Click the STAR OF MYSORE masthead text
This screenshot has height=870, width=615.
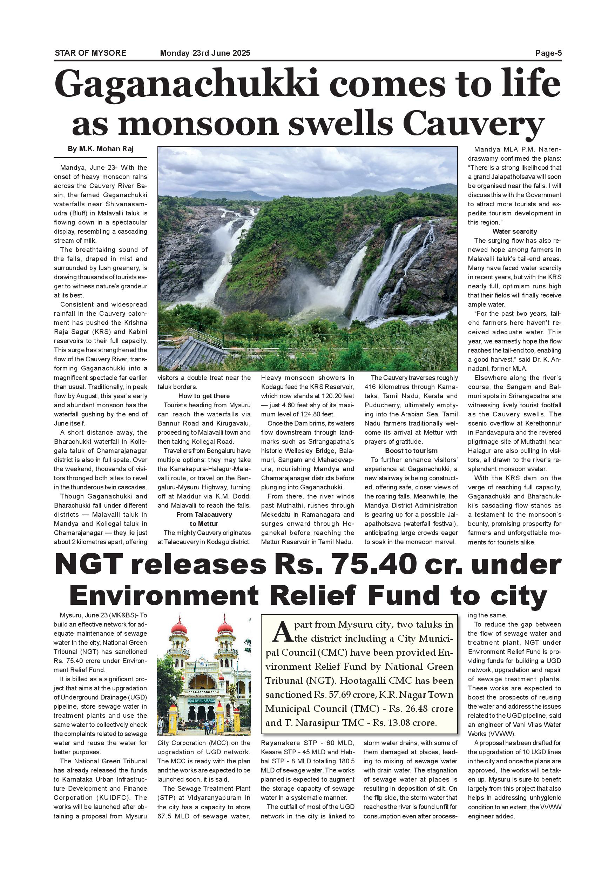(x=90, y=53)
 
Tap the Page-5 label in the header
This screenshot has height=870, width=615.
(x=548, y=53)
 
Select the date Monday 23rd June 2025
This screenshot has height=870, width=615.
(x=205, y=53)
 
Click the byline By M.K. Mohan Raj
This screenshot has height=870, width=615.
(x=100, y=149)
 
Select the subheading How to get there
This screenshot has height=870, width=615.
(x=204, y=396)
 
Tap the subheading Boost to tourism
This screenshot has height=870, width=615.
(x=411, y=450)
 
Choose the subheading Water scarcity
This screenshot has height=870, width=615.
(x=514, y=232)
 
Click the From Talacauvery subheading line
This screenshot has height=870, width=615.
(x=204, y=515)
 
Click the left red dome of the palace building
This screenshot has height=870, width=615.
(x=179, y=629)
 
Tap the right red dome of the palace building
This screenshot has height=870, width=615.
(x=224, y=629)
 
